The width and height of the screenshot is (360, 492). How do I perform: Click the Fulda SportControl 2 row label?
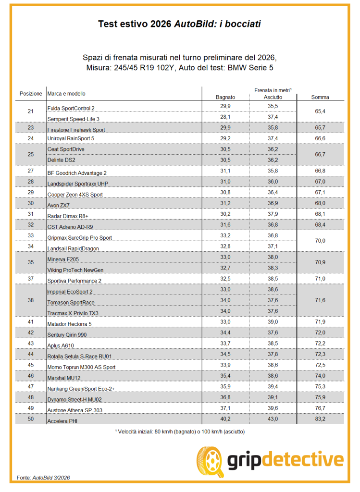tap(71, 108)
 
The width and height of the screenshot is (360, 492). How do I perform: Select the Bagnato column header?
tap(225, 98)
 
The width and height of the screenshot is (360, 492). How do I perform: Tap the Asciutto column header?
tap(273, 98)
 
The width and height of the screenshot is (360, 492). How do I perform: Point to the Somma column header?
tap(320, 98)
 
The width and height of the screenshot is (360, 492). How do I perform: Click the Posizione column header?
tap(31, 93)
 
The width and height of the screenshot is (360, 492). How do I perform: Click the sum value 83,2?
tap(320, 419)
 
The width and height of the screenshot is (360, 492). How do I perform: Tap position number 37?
tap(31, 279)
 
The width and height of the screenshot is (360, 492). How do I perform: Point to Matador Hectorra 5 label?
tap(69, 324)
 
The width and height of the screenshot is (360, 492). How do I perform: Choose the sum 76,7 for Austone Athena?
tap(320, 408)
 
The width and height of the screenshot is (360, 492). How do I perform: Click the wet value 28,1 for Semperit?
tap(225, 116)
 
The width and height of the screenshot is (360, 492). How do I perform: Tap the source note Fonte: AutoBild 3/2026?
tap(43, 478)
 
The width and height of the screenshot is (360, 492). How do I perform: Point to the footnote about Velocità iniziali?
tap(180, 432)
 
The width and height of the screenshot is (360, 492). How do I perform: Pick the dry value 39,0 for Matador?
tap(273, 321)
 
